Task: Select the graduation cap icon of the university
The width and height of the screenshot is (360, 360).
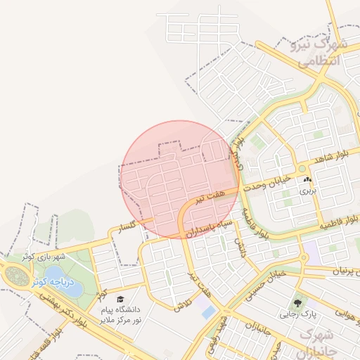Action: pos(120,300)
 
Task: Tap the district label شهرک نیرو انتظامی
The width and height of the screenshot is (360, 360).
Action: pos(320,52)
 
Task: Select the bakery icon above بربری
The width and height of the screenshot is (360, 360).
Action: pos(308,181)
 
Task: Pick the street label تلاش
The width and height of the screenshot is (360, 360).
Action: pos(182,304)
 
